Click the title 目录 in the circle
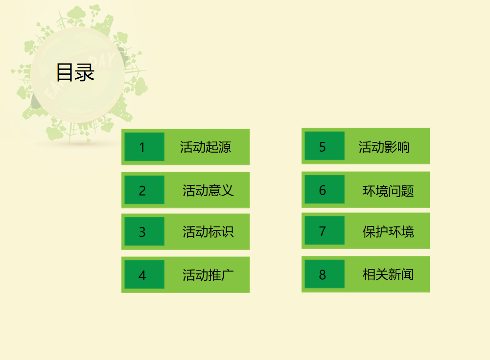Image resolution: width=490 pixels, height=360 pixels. click(75, 72)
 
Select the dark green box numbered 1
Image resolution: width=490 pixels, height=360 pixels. click(144, 147)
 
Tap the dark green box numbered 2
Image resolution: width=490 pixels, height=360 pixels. click(144, 190)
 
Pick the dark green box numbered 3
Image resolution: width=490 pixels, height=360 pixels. click(144, 231)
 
